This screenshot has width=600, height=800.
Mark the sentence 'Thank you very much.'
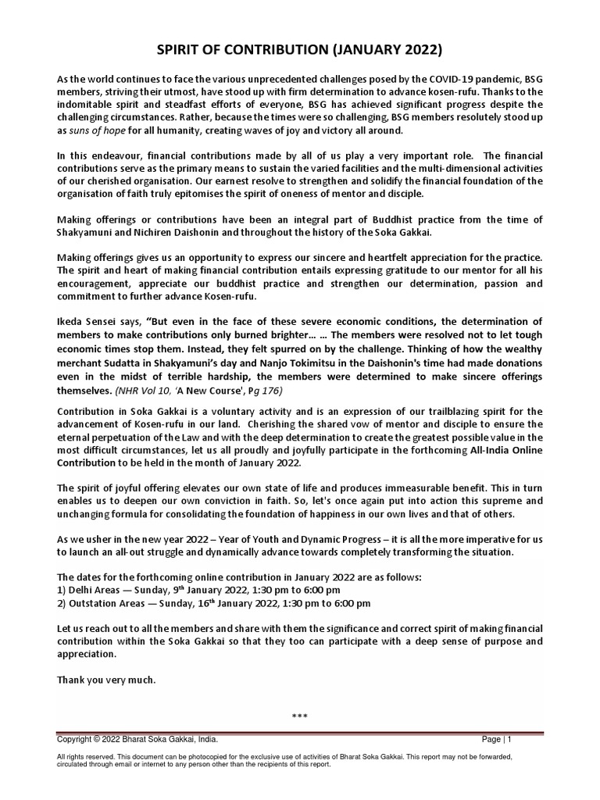point(106,680)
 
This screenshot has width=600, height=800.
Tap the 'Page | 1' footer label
point(497,739)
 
